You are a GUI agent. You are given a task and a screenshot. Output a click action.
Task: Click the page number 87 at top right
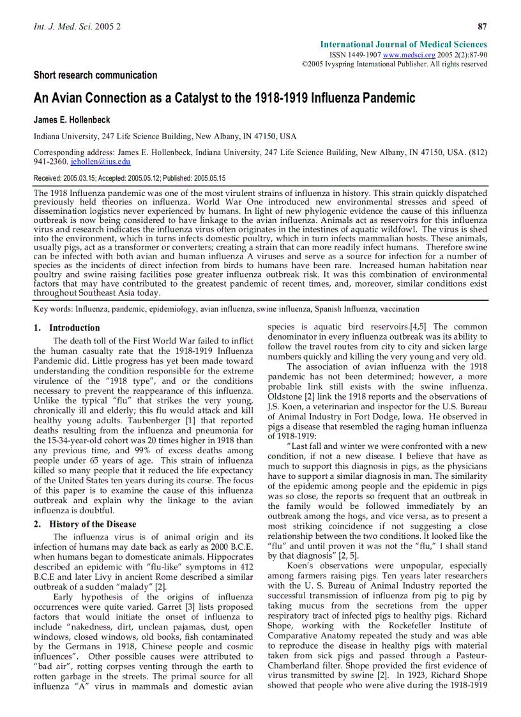[482, 26]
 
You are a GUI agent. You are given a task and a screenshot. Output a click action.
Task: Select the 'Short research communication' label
[95, 75]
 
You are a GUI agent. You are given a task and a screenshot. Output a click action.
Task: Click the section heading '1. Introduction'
[66, 328]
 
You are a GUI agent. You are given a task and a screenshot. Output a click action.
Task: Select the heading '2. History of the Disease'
[84, 524]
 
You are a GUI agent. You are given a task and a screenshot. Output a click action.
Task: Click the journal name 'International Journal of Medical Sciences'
[404, 45]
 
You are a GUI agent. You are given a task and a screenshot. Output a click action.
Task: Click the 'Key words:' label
[53, 308]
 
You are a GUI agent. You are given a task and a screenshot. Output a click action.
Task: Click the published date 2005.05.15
[204, 178]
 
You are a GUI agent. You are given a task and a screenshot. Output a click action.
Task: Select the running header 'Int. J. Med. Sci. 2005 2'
[77, 27]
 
